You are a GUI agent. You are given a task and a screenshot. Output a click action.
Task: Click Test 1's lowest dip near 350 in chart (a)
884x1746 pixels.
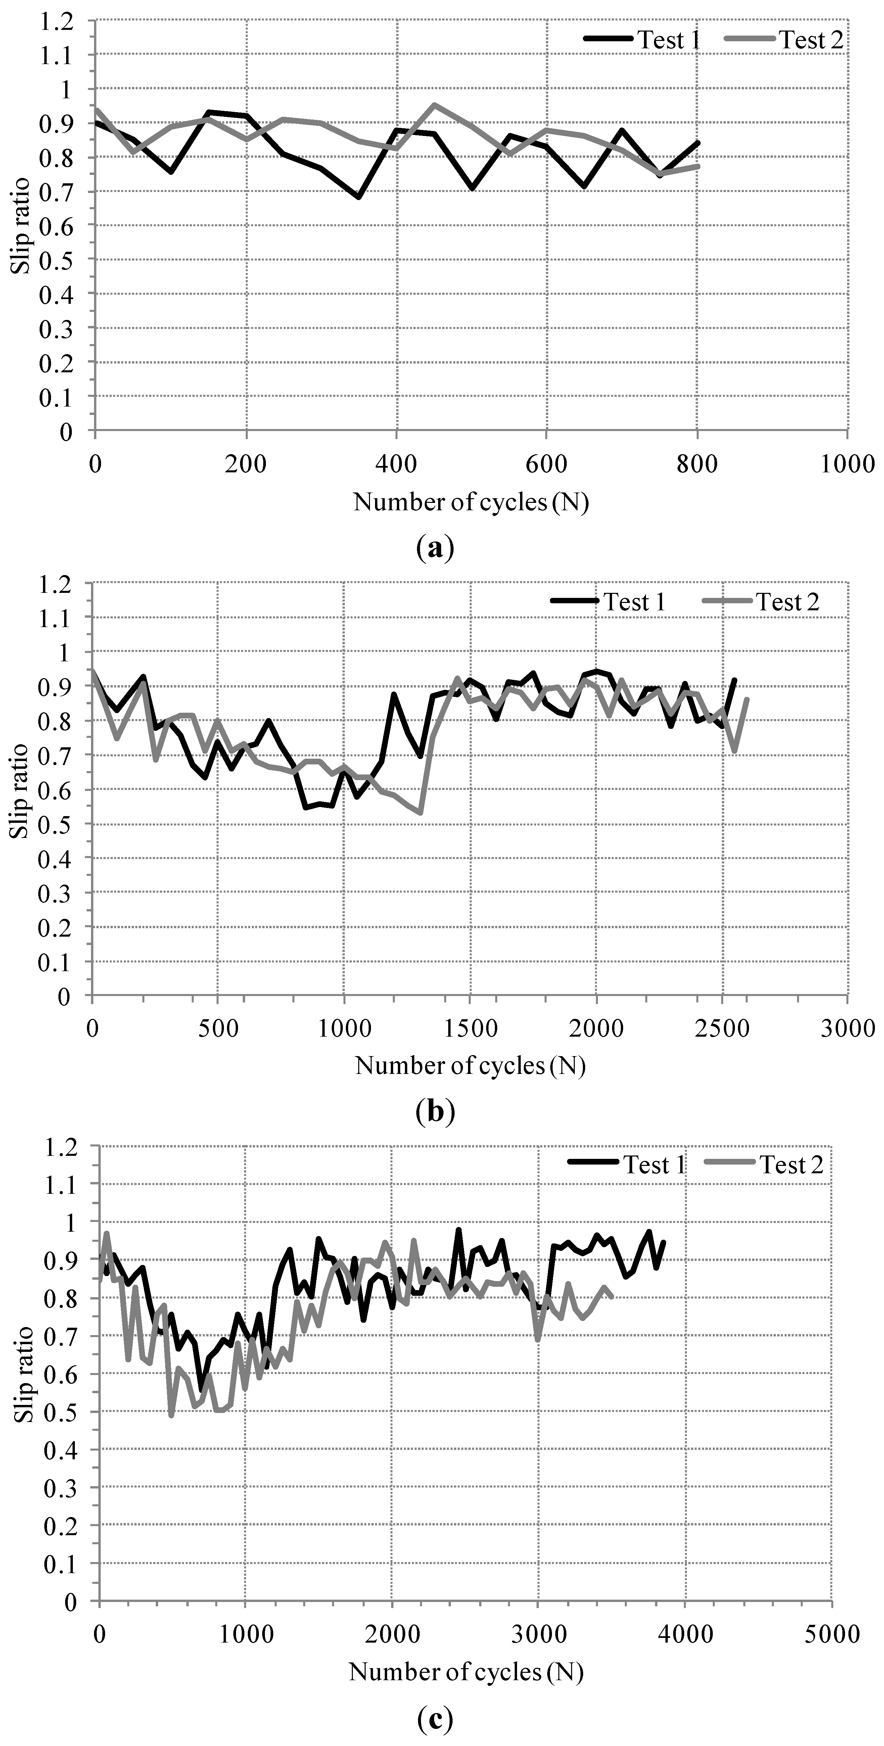[359, 197]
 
